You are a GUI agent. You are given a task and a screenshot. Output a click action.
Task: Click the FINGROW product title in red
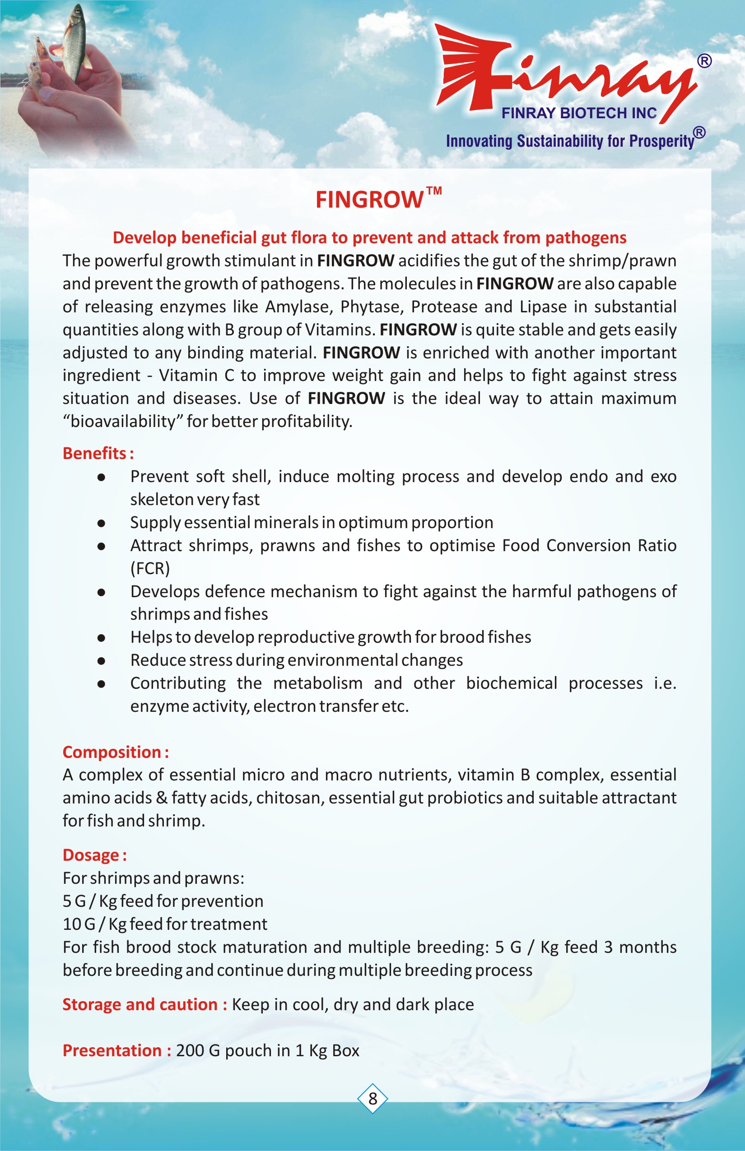pyautogui.click(x=370, y=200)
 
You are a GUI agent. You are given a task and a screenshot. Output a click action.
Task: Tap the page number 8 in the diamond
pyautogui.click(x=372, y=1098)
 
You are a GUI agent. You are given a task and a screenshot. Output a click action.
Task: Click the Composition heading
pyautogui.click(x=115, y=752)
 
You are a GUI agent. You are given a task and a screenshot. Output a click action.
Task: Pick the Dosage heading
pyautogui.click(x=94, y=854)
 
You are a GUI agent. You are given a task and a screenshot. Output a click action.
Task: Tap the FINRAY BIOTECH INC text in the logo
pyautogui.click(x=579, y=113)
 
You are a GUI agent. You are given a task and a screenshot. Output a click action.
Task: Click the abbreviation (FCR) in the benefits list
pyautogui.click(x=150, y=568)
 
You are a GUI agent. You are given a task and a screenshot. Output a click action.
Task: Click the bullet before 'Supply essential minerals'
pyautogui.click(x=101, y=523)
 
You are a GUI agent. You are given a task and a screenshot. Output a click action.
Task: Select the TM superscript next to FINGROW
pyautogui.click(x=434, y=190)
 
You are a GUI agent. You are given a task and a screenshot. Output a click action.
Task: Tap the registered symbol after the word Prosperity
pyautogui.click(x=699, y=133)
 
